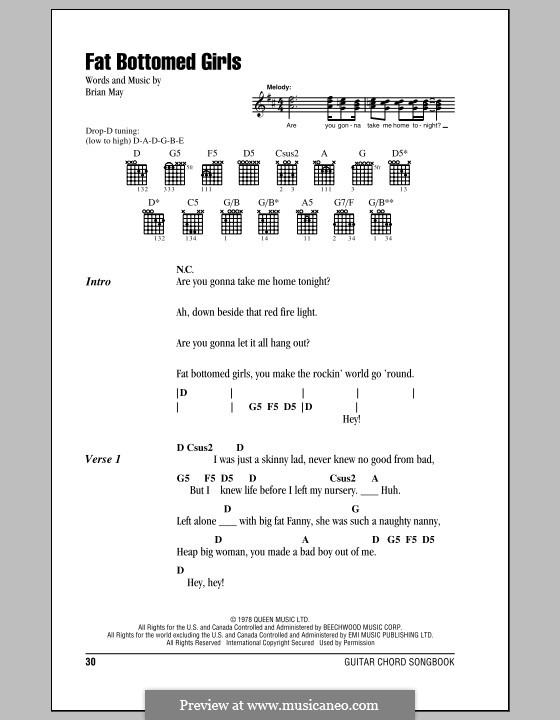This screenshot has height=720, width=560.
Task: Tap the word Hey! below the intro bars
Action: pos(351,419)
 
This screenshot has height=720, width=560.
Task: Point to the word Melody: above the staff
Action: pos(281,88)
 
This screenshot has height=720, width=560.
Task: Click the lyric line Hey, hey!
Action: pos(200,582)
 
